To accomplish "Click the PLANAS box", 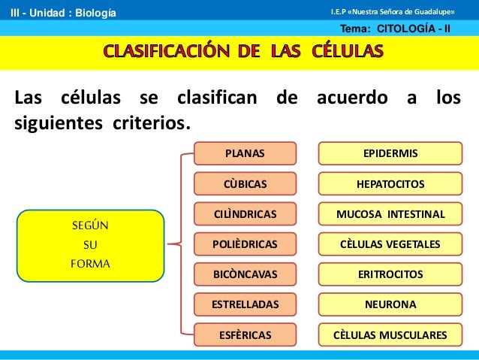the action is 245,153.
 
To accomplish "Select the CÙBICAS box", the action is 245,184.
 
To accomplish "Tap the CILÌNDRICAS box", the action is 245,214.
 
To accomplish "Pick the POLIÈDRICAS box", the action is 245,244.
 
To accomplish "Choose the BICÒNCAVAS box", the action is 245,274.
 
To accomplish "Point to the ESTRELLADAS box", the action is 245,304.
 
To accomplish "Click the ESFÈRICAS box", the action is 245,334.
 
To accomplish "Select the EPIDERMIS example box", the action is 390,153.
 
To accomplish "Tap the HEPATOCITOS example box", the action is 390,184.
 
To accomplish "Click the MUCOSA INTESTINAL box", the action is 390,214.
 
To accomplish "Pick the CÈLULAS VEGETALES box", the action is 390,244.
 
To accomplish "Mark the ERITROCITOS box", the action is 390,274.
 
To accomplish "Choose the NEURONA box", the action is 390,304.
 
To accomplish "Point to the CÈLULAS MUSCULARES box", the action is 390,334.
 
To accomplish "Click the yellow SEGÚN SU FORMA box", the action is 90,245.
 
